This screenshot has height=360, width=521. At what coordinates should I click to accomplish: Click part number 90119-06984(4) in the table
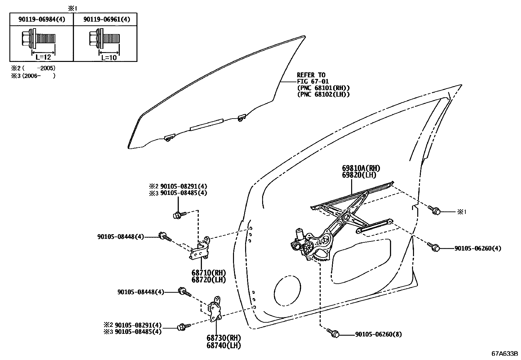click(41, 20)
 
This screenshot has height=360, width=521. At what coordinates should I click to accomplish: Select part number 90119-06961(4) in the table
click(106, 20)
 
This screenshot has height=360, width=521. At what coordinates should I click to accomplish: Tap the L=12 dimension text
click(43, 57)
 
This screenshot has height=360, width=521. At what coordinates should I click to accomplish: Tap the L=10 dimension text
click(109, 57)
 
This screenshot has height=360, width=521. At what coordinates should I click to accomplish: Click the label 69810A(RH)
click(361, 168)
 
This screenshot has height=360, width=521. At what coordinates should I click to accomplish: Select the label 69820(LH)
click(359, 175)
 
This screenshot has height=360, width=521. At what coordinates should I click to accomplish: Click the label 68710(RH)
click(208, 273)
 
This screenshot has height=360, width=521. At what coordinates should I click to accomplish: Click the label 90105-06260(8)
click(378, 334)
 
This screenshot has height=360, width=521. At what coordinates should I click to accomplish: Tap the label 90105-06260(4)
click(477, 248)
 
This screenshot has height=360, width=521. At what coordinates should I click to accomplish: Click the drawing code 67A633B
click(504, 354)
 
